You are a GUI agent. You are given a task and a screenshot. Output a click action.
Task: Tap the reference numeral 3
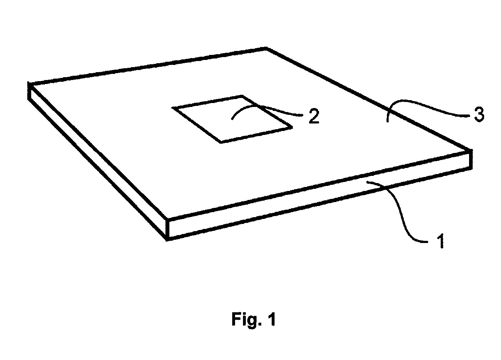coord(479,114)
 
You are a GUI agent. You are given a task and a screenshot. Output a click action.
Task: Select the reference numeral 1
coord(441,240)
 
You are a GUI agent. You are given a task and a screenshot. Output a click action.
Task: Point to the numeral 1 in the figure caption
coord(271,319)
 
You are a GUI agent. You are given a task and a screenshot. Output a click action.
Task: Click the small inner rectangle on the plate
coord(232,119)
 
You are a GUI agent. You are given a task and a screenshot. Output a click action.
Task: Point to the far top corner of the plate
coord(266,48)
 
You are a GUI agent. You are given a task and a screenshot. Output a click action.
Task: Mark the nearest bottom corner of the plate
coord(167,240)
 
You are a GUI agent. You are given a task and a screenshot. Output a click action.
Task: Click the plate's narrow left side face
coord(98,161)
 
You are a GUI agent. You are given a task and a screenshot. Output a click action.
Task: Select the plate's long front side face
coord(320,195)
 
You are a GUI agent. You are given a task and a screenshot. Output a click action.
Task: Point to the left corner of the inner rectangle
coord(173,108)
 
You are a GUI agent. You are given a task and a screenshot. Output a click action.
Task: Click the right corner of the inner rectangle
coord(292,127)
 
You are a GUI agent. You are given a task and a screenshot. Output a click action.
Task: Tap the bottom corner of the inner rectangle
coord(221,142)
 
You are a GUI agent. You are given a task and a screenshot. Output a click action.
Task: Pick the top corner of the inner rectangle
coord(243,96)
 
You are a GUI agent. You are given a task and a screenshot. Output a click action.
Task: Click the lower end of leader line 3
coord(387,121)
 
